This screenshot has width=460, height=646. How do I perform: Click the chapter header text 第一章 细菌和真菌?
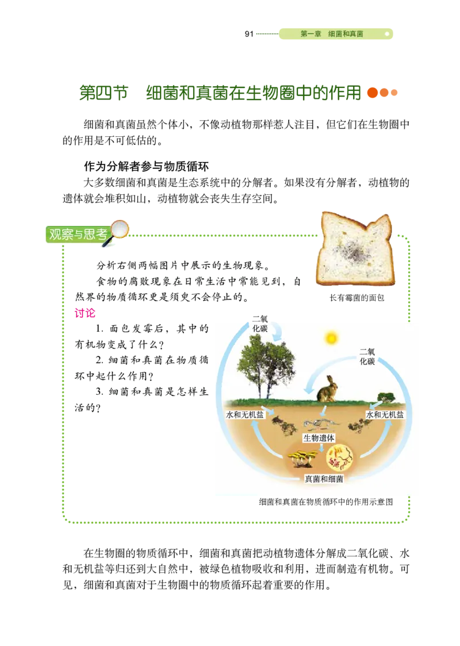332,34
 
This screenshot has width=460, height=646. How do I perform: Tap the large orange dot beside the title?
373,93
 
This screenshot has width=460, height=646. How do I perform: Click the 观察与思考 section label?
78,234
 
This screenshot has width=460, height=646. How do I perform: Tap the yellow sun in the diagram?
331,338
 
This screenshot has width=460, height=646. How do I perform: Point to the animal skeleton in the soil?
319,425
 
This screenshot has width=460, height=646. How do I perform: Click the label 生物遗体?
319,438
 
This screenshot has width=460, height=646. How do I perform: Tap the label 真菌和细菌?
323,478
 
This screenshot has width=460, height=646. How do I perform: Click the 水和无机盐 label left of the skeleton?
246,415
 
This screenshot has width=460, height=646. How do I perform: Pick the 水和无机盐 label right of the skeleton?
385,415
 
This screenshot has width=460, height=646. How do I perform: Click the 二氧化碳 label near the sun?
367,356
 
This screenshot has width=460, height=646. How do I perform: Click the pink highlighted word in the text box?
85,313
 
